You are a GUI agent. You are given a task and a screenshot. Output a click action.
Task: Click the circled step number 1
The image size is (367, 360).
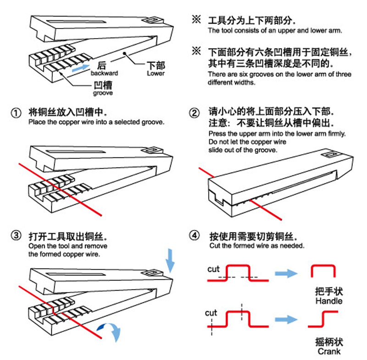click(16, 112)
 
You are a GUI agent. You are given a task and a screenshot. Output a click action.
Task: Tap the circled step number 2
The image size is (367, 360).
click(195, 113)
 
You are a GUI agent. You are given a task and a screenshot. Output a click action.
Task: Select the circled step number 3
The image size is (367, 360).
click(16, 236)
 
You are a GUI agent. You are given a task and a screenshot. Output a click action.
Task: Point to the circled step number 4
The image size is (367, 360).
click(195, 236)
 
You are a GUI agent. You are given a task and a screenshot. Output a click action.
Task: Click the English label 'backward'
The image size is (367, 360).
click(104, 73)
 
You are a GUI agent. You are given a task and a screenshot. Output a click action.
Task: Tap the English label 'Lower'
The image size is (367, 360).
click(156, 73)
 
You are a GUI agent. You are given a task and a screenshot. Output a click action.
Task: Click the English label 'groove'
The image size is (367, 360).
click(103, 93)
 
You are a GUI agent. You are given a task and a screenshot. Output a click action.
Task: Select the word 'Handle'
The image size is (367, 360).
click(329, 301)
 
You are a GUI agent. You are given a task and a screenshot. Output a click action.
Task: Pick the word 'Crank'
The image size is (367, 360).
click(329, 351)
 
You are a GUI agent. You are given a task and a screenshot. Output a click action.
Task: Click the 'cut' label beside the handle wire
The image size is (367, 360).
click(213, 269)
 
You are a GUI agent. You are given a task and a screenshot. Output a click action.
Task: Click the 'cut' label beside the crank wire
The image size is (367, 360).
click(211, 313)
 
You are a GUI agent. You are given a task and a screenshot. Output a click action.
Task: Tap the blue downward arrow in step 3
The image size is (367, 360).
click(170, 259)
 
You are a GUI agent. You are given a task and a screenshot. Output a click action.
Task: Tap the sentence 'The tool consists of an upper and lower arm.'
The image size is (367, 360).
click(275, 31)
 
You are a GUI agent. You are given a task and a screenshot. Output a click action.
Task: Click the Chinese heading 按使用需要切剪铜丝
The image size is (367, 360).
click(253, 236)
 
